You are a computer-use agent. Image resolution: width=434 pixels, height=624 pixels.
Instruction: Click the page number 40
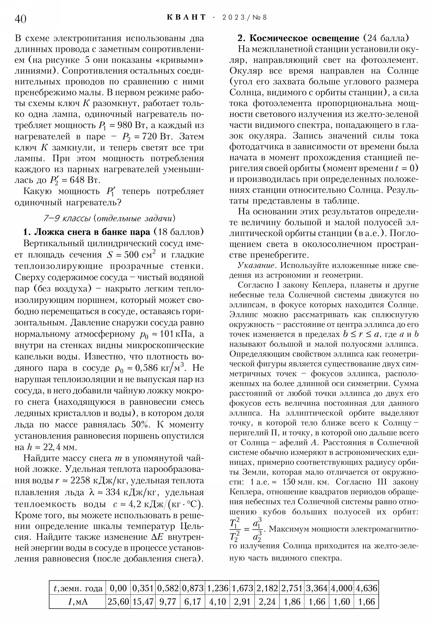point(20,19)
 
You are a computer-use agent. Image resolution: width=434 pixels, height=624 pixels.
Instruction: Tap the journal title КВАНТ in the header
point(186,17)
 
